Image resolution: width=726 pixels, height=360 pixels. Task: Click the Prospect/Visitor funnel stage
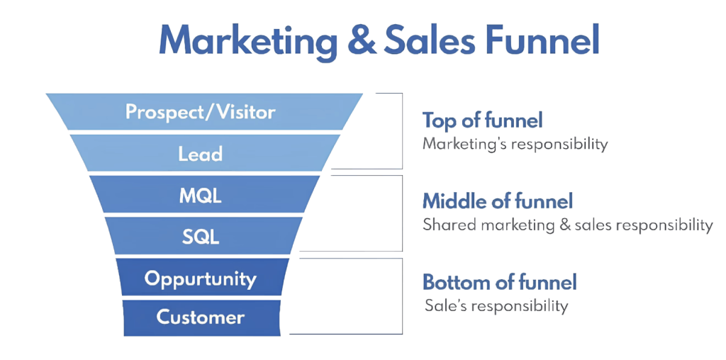[x=201, y=112]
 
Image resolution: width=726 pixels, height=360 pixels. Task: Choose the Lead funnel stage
[x=201, y=154]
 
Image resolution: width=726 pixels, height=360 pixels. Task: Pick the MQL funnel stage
[x=201, y=196]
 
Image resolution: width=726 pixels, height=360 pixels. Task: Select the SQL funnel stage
[x=201, y=237]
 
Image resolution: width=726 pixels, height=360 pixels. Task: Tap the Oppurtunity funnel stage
[x=201, y=279]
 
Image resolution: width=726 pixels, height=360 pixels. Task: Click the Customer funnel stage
[x=201, y=317]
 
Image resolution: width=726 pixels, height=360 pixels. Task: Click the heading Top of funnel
[x=482, y=120]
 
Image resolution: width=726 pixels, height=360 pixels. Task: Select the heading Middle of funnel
[x=497, y=202]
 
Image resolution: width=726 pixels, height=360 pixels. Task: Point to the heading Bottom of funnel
[x=500, y=283]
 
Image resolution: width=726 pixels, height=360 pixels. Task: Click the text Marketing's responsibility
[x=515, y=144]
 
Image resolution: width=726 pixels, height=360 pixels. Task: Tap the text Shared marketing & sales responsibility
[x=567, y=226]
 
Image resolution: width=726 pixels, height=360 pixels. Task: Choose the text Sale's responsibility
[x=496, y=307]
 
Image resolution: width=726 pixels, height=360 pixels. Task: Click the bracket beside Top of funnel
[x=401, y=130]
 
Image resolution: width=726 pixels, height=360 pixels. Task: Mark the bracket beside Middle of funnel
[x=401, y=213]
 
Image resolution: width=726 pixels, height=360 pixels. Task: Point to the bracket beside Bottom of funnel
[x=401, y=296]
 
